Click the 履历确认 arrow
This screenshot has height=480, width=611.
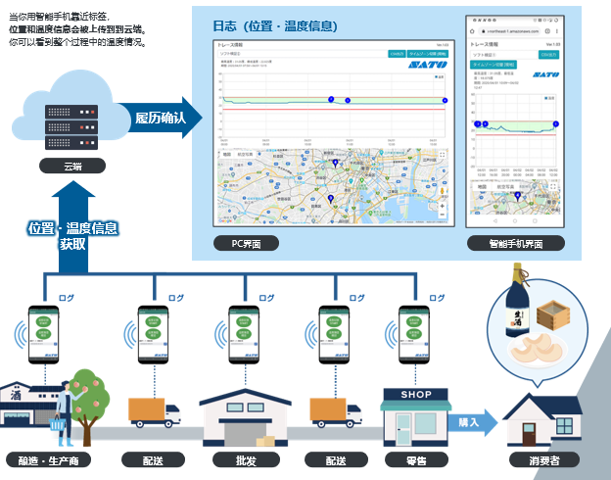coord(164,118)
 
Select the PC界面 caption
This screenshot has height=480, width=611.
coord(246,243)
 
